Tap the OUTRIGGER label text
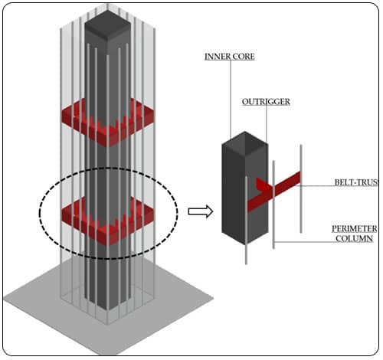tap(261, 100)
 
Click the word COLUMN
tap(354, 239)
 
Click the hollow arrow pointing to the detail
tap(198, 211)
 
